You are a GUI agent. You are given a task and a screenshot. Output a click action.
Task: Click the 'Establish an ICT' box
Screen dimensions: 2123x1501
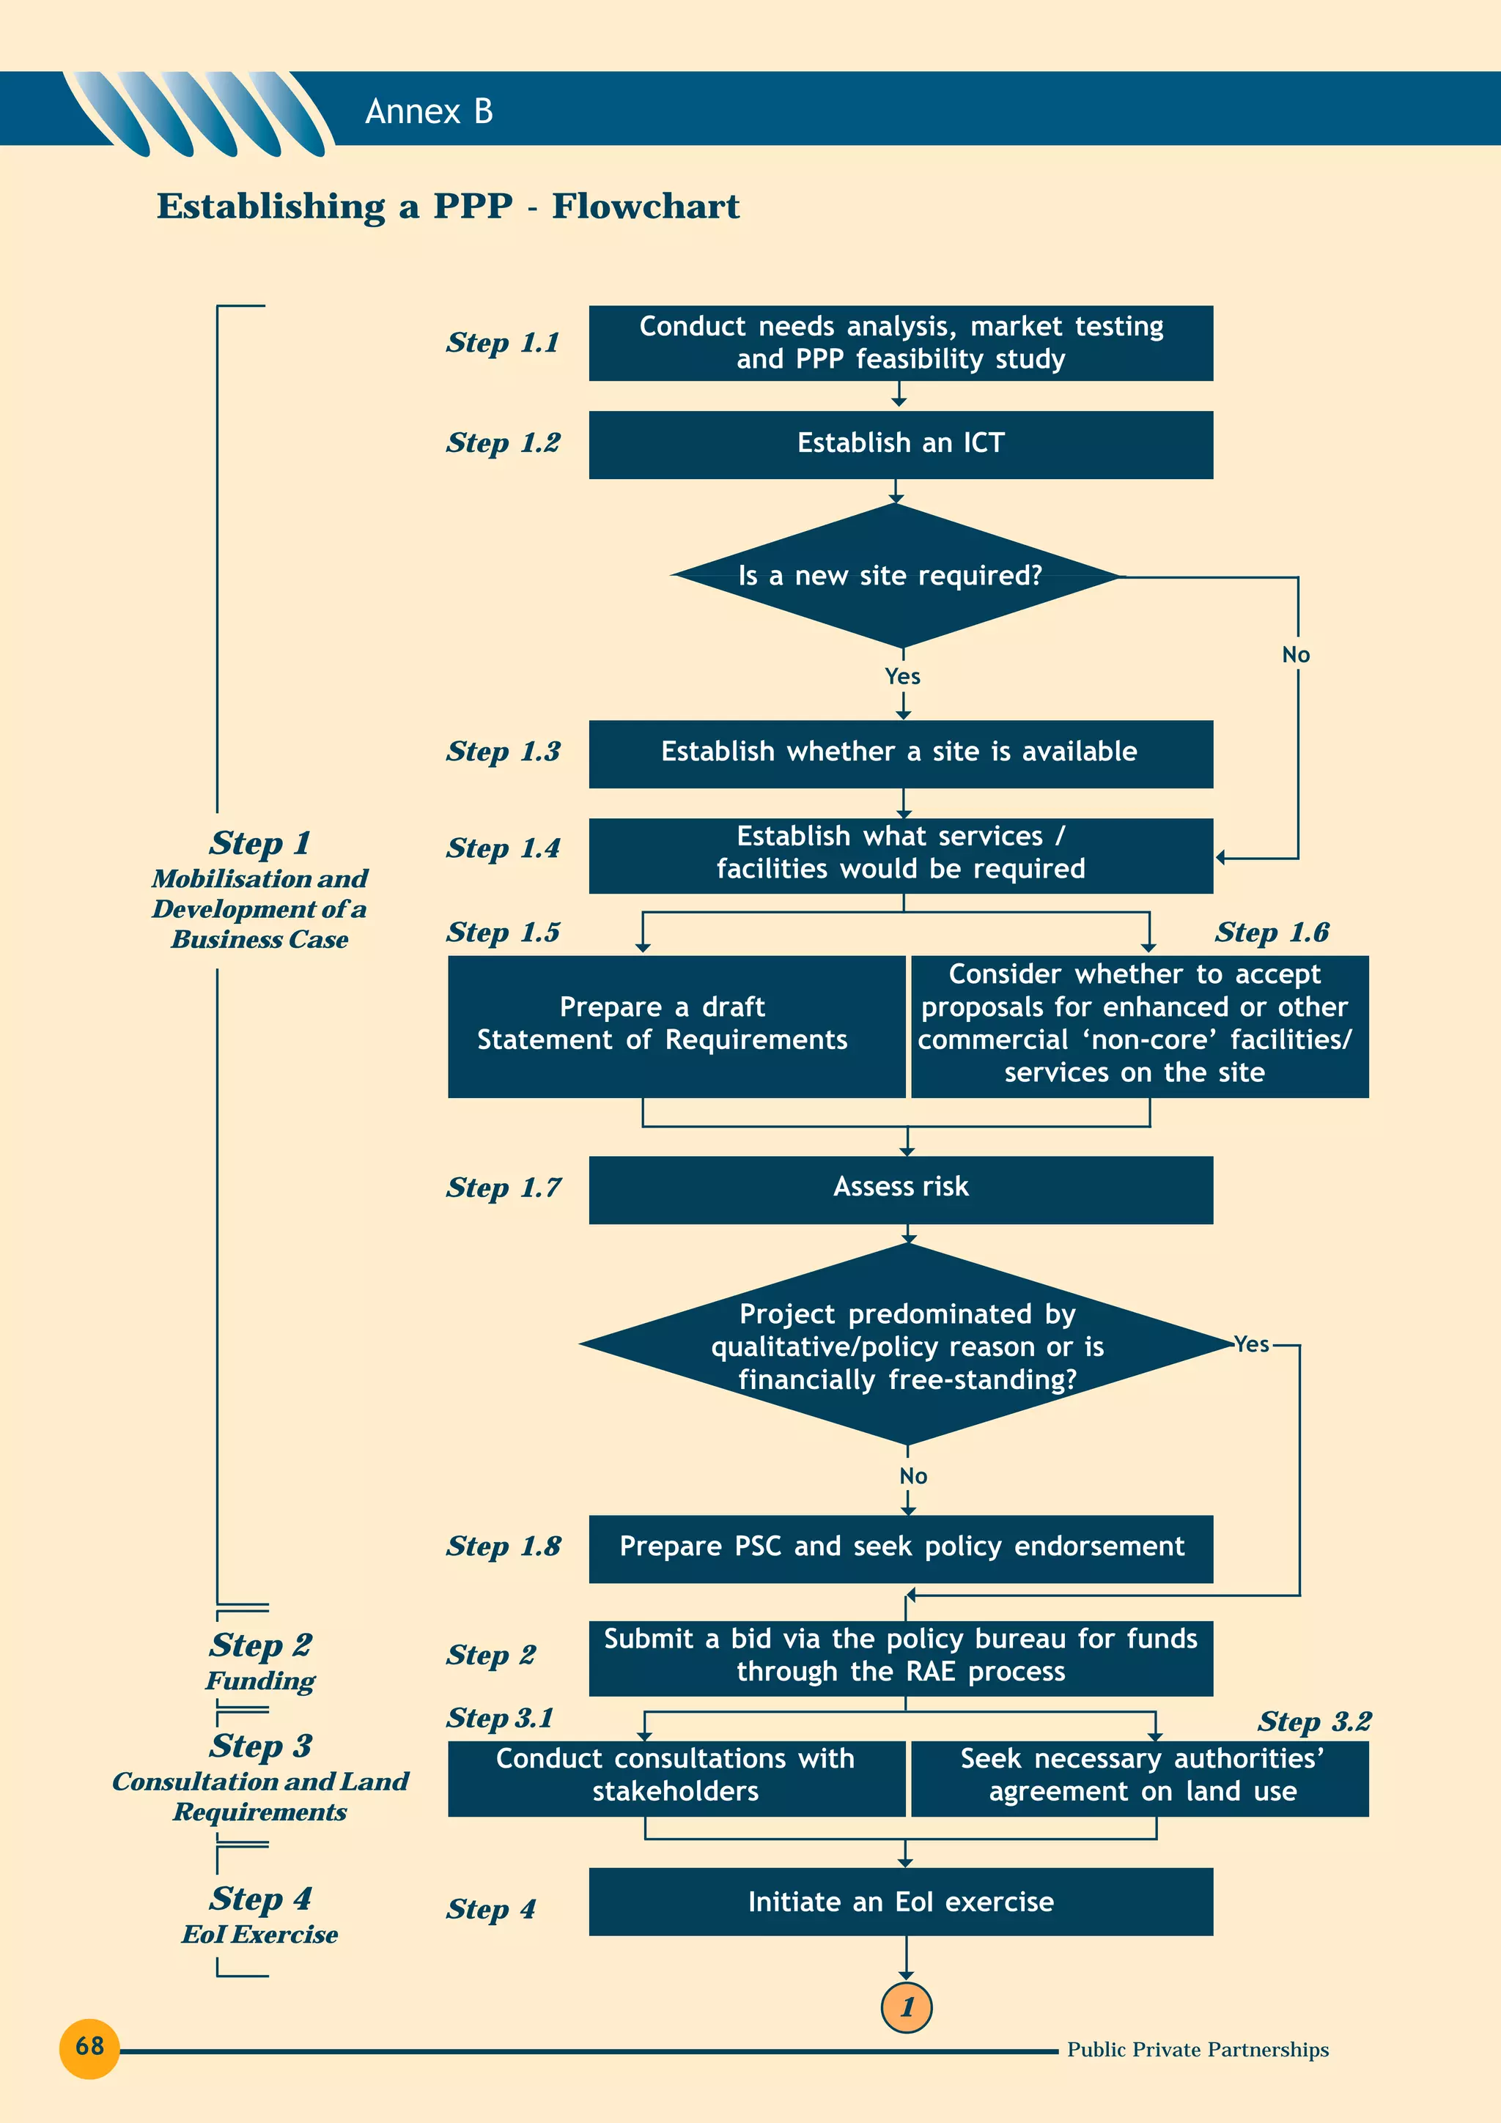click(900, 445)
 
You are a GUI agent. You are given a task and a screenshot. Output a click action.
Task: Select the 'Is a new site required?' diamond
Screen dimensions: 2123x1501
click(893, 575)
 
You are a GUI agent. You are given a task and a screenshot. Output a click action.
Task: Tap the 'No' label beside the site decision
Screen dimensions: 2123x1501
click(1296, 655)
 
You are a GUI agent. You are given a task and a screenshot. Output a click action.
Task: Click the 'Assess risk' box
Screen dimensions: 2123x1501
click(900, 1189)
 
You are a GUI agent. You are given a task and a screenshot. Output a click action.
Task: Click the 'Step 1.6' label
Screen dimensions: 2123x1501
click(1272, 932)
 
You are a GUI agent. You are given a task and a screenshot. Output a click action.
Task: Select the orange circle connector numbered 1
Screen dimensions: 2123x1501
click(907, 2007)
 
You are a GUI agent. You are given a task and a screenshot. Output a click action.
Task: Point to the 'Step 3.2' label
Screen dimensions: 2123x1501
click(1313, 1721)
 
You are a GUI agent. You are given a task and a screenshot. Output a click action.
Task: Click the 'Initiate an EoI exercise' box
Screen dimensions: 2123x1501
click(900, 1901)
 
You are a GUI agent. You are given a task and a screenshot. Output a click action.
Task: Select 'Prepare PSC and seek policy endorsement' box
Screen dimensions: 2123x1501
click(900, 1548)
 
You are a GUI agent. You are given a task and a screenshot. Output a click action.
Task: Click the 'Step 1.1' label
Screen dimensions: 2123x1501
click(502, 343)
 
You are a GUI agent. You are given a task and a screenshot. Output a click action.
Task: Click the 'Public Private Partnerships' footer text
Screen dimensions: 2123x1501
click(1197, 2049)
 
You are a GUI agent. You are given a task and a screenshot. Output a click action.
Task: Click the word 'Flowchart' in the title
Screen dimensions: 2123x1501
click(646, 206)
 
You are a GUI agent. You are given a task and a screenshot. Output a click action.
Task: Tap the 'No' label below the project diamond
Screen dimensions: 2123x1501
click(912, 1475)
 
